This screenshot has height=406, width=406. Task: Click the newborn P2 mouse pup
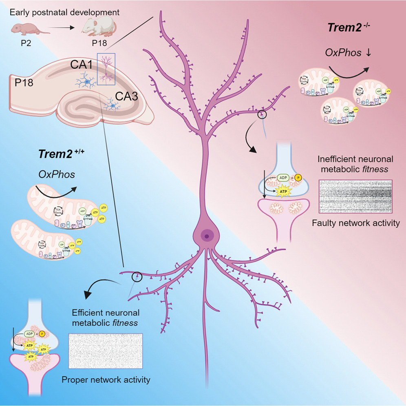point(24,29)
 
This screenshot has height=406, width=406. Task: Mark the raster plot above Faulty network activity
point(355,196)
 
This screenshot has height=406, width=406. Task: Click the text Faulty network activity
point(355,223)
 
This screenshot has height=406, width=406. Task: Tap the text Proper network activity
point(106,380)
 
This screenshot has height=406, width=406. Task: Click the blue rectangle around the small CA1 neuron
point(109,69)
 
